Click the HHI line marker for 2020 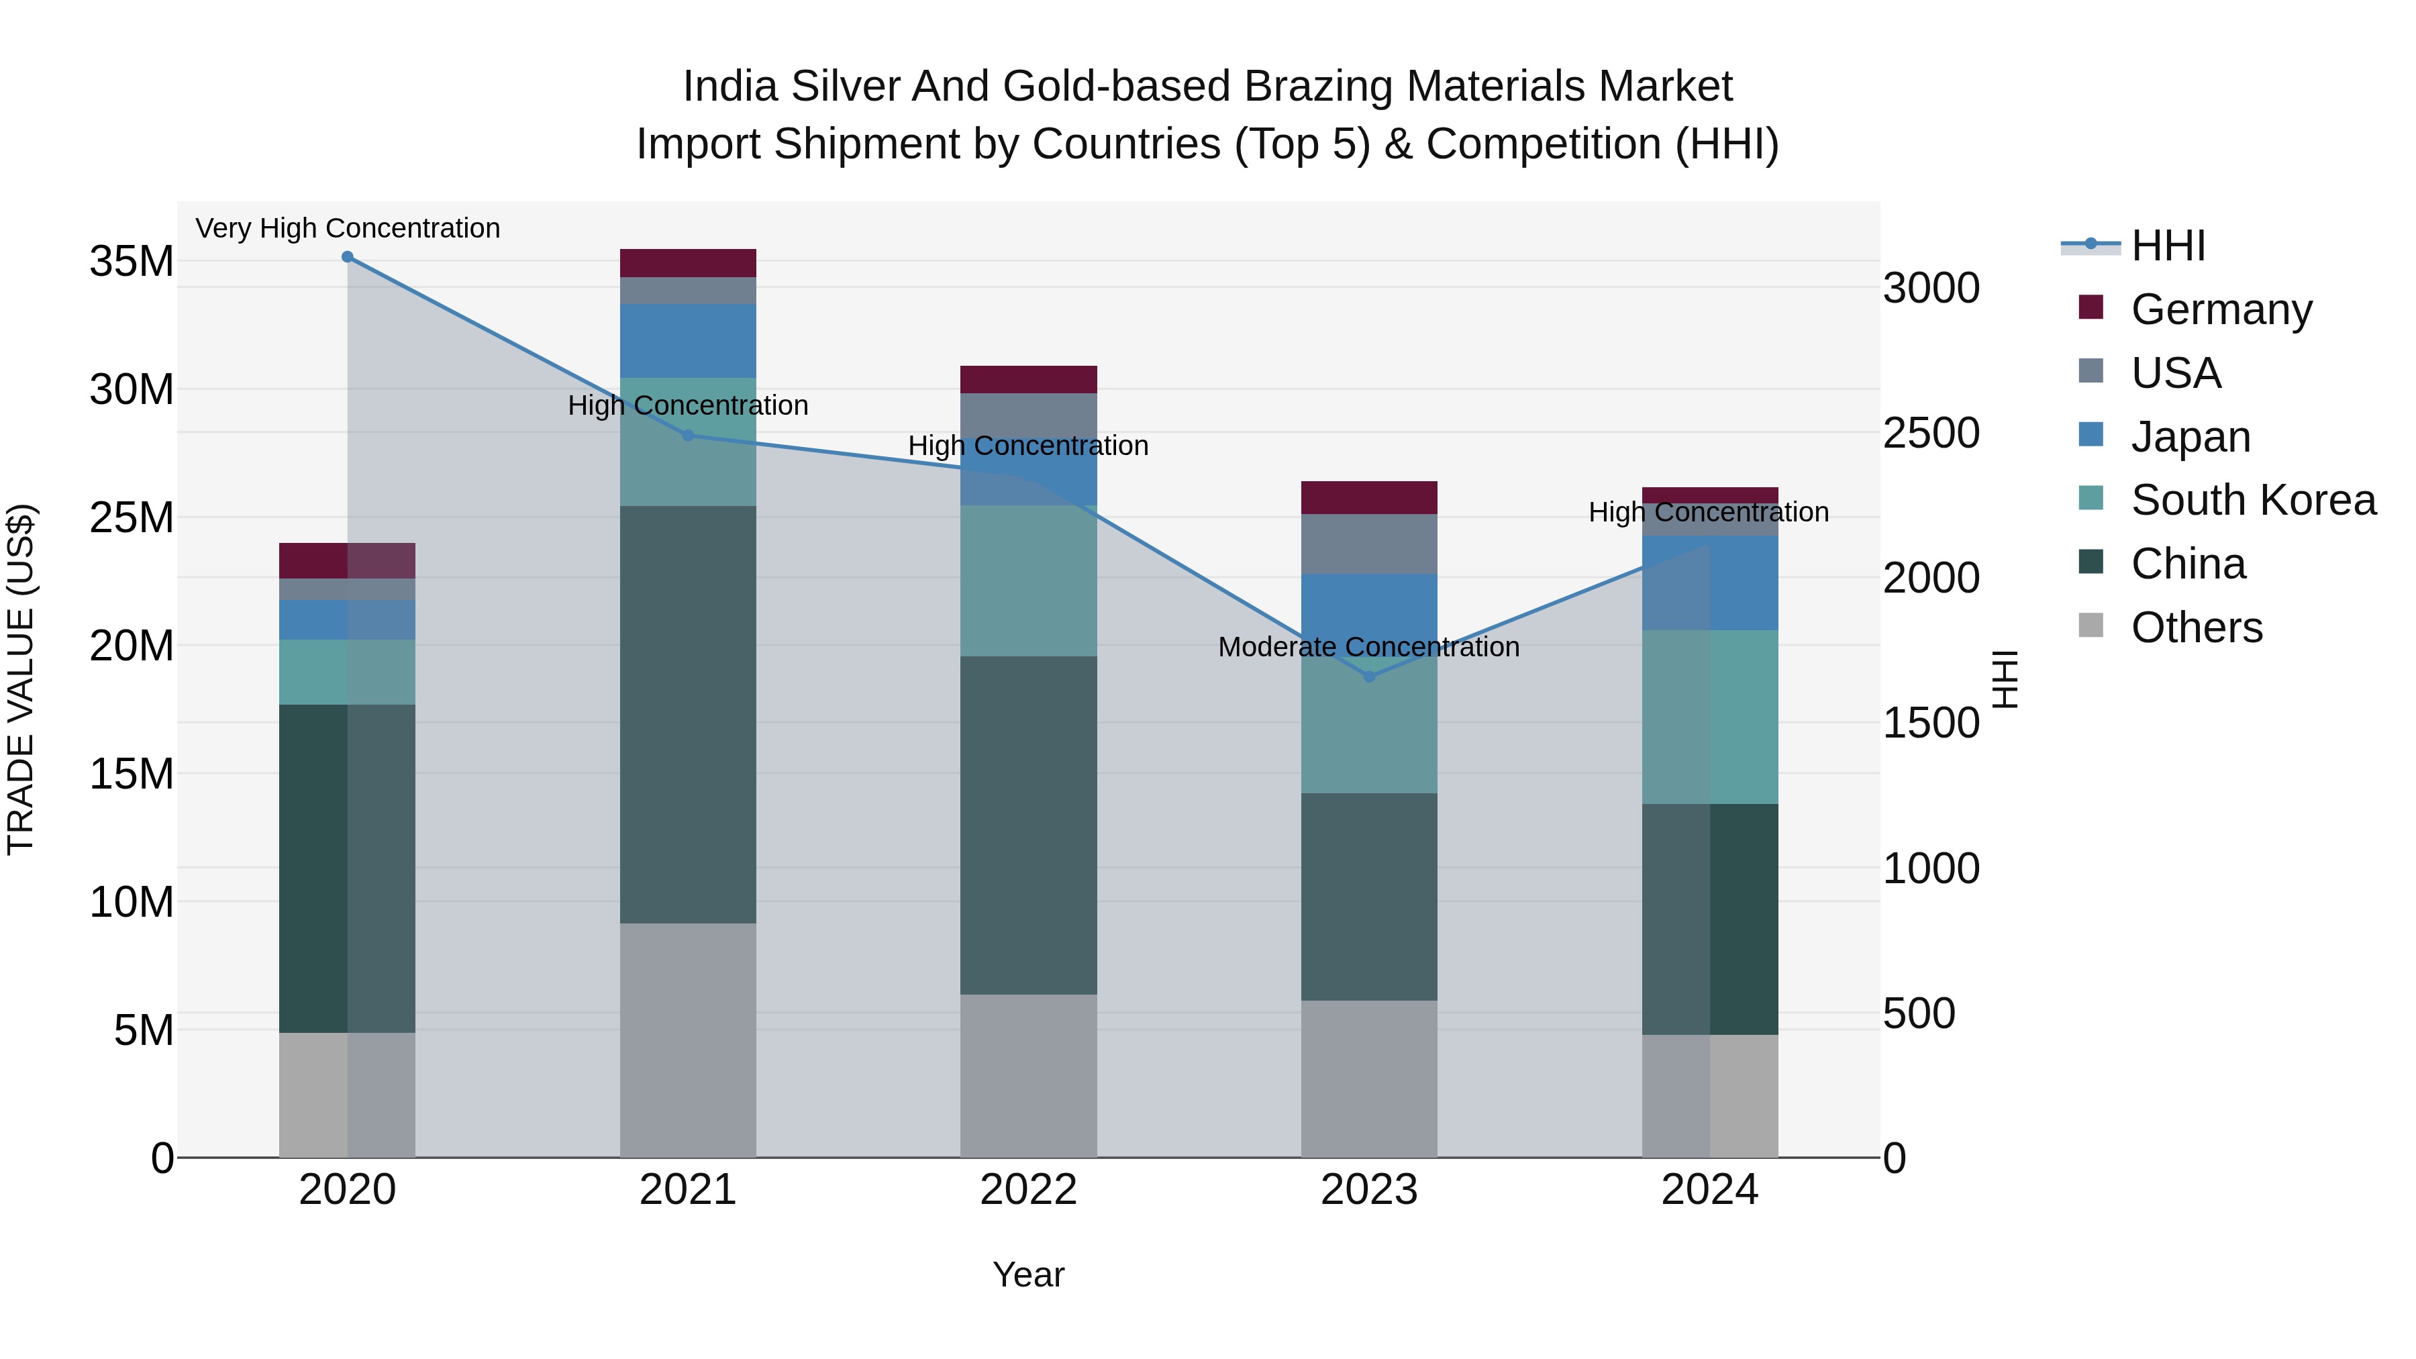click(x=347, y=257)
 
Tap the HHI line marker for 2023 click(x=1368, y=676)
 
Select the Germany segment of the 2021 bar click(x=687, y=262)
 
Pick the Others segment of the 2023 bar click(x=1368, y=1078)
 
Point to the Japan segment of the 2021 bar click(x=687, y=340)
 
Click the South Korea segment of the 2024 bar click(x=1710, y=717)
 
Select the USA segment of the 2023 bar click(x=1368, y=544)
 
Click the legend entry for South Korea click(x=2253, y=500)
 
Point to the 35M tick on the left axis click(x=132, y=262)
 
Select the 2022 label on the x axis click(x=1028, y=1190)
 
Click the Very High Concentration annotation click(x=347, y=228)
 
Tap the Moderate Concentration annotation click(x=1368, y=647)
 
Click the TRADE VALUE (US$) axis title click(x=21, y=679)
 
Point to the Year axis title click(x=1028, y=1274)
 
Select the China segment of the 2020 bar click(x=347, y=868)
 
